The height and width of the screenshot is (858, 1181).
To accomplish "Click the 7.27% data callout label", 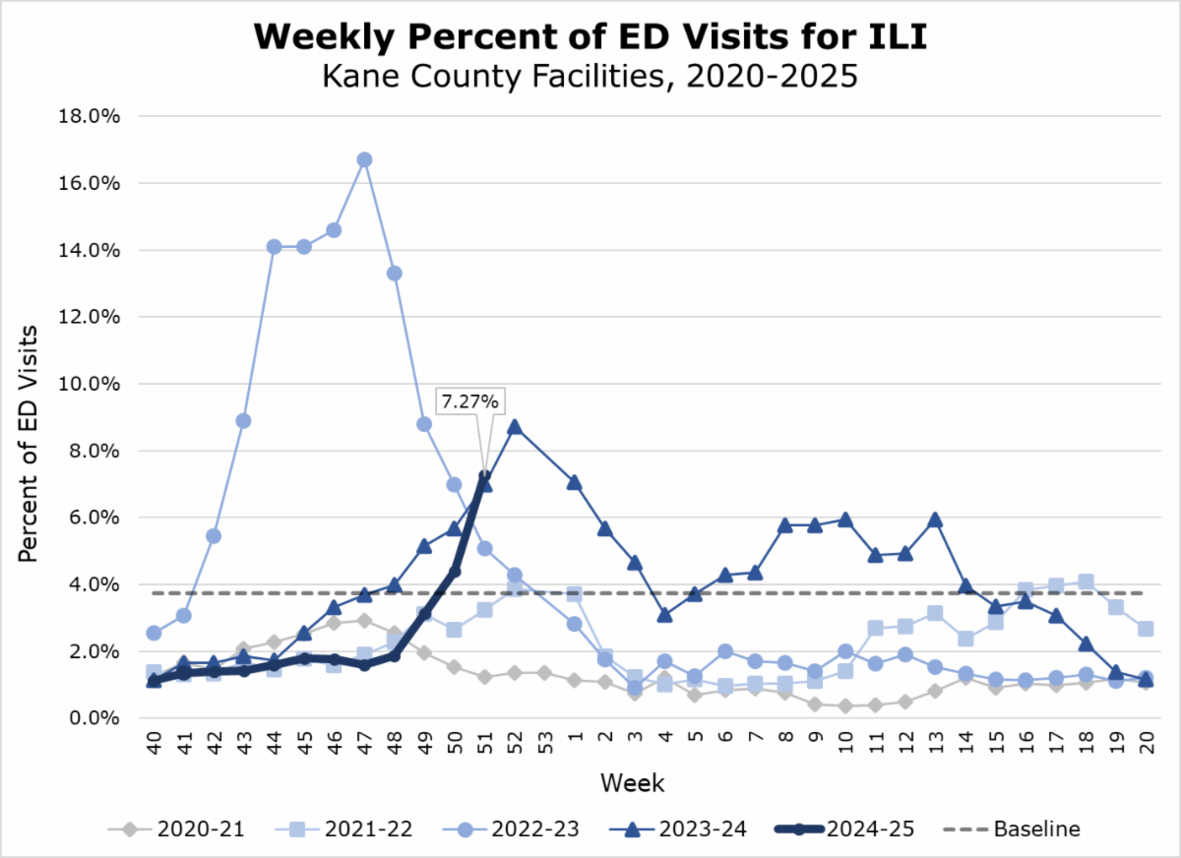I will tap(469, 402).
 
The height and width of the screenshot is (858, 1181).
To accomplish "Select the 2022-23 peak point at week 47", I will tap(364, 159).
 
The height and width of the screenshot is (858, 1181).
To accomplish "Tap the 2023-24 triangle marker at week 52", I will tap(514, 427).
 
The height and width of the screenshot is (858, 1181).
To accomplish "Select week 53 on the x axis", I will tap(544, 743).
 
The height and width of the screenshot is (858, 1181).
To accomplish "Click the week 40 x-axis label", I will tap(154, 743).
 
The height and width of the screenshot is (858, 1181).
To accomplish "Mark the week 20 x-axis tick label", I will tap(1145, 743).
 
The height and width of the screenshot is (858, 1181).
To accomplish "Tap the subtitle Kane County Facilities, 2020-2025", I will tap(590, 76).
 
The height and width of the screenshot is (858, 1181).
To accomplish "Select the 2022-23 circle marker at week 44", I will tap(275, 246).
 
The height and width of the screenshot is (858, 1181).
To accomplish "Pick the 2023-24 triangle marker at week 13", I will tap(935, 520).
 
